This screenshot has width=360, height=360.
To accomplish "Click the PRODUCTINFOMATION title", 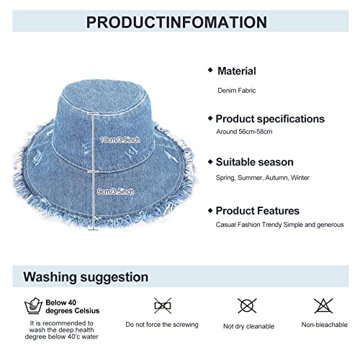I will point(179,21).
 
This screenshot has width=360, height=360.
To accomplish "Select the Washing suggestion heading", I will point(86,276).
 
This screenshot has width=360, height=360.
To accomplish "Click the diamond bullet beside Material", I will point(210,70).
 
